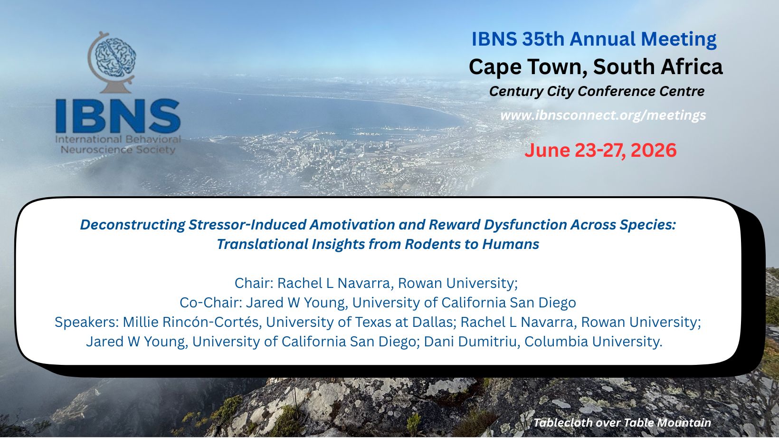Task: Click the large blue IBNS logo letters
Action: [x=118, y=116]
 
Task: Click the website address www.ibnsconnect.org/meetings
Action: [x=603, y=115]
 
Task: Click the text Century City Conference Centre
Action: [x=597, y=91]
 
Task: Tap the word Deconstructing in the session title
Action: [x=133, y=225]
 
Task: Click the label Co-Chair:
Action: [x=211, y=303]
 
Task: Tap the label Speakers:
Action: [x=87, y=322]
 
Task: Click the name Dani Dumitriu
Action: [x=472, y=342]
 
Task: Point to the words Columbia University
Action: [x=593, y=342]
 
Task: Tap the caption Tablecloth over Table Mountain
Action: [x=623, y=423]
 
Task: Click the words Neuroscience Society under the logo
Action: [x=118, y=150]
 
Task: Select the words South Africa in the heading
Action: [x=658, y=67]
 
